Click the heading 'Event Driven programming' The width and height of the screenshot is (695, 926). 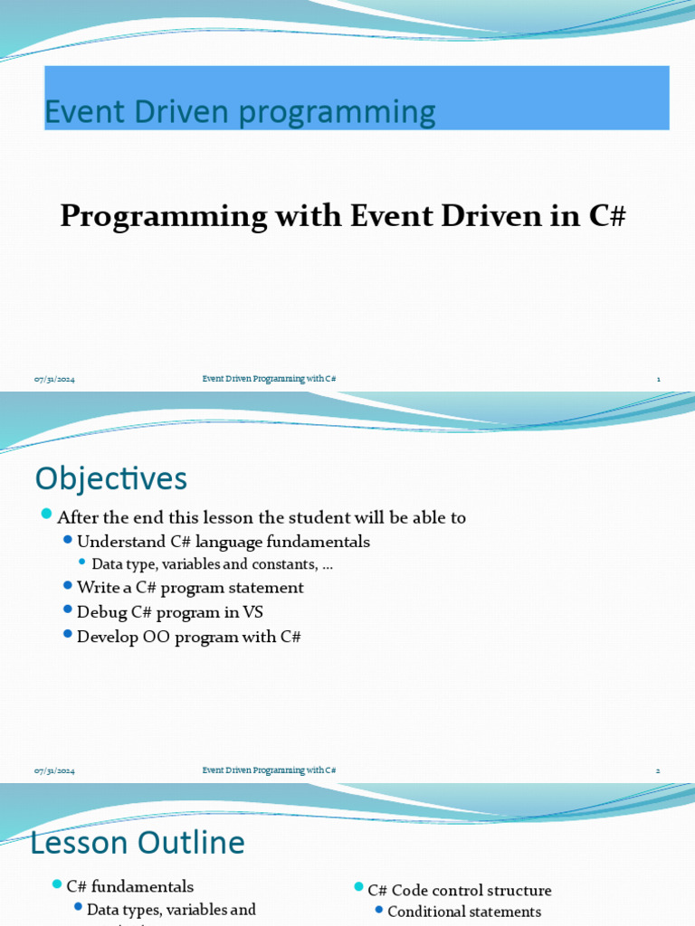tap(240, 112)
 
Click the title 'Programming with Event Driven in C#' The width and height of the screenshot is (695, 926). tap(343, 217)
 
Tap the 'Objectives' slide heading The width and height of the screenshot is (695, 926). tap(110, 478)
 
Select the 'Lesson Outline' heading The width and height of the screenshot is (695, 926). tap(138, 843)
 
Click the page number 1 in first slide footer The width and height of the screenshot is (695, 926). tap(658, 379)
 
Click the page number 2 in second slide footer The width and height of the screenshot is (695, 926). tap(658, 770)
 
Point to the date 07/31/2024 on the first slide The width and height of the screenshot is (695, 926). tap(54, 379)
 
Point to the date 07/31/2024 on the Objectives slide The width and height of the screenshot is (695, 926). tap(54, 770)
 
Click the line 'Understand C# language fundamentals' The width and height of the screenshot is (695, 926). tap(224, 542)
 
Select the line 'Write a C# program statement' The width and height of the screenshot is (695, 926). tap(190, 588)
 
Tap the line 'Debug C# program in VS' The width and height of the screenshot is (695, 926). tap(170, 612)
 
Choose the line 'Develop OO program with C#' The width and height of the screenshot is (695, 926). tap(188, 637)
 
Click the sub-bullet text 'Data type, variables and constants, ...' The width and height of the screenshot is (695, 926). tap(213, 564)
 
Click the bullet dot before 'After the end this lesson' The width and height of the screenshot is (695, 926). tap(47, 515)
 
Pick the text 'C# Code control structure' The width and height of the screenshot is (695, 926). tap(460, 891)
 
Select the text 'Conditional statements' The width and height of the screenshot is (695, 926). tap(464, 912)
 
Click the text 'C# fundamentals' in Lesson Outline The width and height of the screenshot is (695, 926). tap(130, 887)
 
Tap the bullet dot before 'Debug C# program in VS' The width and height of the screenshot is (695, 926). tap(68, 610)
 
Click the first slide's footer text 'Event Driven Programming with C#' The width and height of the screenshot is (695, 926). tap(269, 379)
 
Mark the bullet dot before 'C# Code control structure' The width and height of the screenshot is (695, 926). tap(358, 888)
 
